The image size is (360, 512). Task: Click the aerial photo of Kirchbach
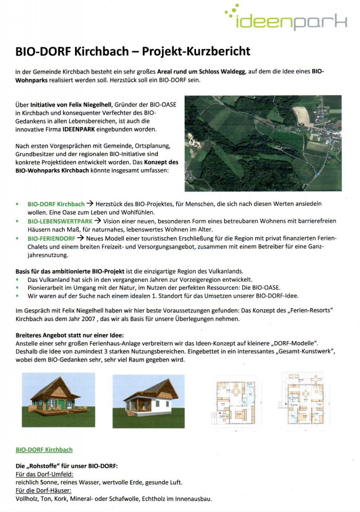(x=263, y=143)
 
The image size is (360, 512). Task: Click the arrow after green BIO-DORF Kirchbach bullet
(x=91, y=203)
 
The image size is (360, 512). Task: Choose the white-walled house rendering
(x=148, y=400)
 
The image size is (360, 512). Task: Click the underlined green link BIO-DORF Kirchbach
(x=44, y=450)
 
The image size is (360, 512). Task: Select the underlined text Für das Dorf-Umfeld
(x=44, y=474)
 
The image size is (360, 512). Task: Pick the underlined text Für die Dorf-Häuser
(x=43, y=490)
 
